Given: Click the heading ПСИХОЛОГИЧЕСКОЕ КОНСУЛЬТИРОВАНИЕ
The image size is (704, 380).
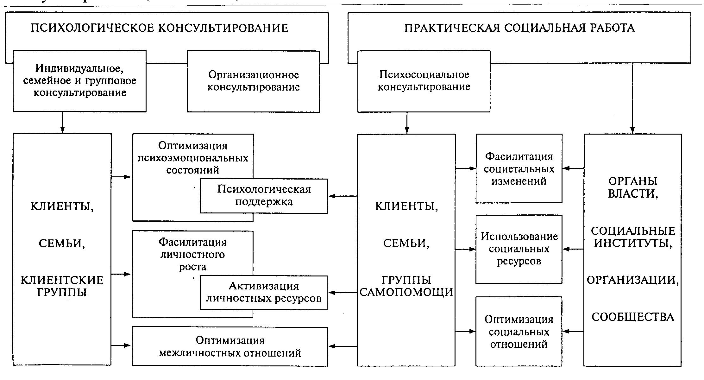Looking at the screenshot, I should [159, 28].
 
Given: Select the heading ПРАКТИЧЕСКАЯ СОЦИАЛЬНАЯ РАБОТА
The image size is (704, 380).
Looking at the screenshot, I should [519, 28].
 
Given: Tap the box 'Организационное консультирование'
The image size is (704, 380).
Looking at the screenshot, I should [253, 81].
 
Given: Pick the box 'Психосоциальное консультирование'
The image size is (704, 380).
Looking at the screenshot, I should [424, 81].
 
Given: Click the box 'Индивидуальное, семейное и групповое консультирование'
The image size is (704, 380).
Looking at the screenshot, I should [79, 81].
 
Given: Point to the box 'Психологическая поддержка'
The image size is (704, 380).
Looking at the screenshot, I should [264, 196].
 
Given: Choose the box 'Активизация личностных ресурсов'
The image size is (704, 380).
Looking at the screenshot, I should [264, 292].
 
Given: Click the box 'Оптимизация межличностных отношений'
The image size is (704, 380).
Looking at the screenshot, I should [230, 346].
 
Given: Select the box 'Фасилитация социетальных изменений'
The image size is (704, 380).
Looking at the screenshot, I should [519, 169].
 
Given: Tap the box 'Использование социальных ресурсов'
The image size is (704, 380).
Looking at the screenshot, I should [519, 249].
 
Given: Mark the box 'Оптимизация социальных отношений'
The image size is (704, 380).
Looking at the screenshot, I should [519, 332].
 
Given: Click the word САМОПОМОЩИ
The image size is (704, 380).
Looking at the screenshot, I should [406, 292].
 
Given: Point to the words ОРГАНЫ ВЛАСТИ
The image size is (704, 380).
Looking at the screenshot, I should [633, 187].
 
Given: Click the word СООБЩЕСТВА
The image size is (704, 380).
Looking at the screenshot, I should [633, 317].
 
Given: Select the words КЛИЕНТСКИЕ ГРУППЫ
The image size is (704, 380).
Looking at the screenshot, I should [62, 286].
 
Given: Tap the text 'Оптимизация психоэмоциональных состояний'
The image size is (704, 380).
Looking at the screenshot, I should [193, 158].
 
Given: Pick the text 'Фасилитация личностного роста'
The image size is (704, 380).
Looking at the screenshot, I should [193, 254].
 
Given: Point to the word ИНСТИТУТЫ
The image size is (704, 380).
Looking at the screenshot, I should [633, 243].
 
